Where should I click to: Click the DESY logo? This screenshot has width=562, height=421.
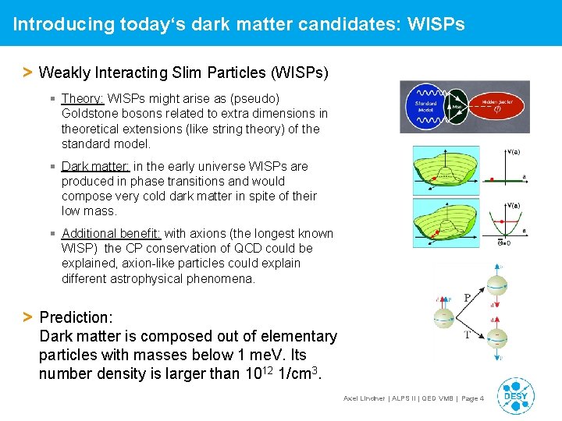click(x=516, y=394)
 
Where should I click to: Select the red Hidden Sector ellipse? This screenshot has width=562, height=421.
click(x=496, y=106)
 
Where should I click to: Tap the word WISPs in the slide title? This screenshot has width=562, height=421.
click(x=435, y=24)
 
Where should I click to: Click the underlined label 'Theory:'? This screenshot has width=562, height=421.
click(x=83, y=99)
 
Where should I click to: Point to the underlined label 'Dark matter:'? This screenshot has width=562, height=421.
click(x=96, y=166)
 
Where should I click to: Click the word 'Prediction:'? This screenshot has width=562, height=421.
click(x=76, y=317)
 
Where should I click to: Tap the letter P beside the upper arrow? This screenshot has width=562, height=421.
click(x=468, y=297)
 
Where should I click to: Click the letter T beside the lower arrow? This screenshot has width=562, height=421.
click(x=468, y=334)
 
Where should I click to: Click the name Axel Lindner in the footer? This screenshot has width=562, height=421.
click(x=365, y=398)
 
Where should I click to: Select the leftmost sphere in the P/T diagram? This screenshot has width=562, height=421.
click(x=443, y=317)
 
